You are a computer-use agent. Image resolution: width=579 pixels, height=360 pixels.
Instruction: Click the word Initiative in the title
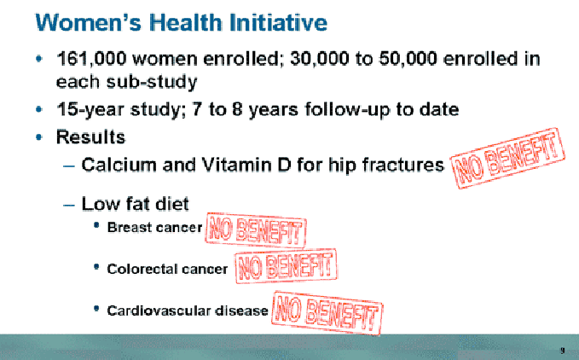point(278,22)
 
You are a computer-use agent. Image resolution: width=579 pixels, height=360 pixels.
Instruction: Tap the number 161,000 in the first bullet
point(91,59)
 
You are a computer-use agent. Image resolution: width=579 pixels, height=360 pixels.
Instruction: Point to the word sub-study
point(152,82)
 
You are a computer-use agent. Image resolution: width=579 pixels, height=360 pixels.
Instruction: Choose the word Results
point(91,137)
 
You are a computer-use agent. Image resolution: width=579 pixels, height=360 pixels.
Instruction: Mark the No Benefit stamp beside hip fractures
point(507,158)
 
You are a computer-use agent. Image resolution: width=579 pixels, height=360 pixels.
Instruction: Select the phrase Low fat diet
point(135,203)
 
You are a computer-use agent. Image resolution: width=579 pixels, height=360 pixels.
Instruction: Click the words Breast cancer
point(154,227)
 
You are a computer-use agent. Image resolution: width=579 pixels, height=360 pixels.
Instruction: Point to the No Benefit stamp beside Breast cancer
point(256,230)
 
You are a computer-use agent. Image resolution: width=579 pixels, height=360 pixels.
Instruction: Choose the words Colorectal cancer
point(167,269)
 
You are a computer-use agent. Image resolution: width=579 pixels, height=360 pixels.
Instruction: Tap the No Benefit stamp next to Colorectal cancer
point(286,266)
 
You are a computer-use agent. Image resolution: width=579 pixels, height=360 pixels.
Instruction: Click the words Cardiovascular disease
point(188,311)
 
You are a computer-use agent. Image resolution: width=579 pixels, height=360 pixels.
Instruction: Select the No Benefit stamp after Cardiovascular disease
point(327,313)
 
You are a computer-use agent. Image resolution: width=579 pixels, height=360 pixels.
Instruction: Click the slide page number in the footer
point(563,351)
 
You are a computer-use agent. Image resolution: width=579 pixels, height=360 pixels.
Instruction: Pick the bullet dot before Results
point(39,137)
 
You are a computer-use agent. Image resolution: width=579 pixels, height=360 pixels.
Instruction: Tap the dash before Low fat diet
point(69,205)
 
